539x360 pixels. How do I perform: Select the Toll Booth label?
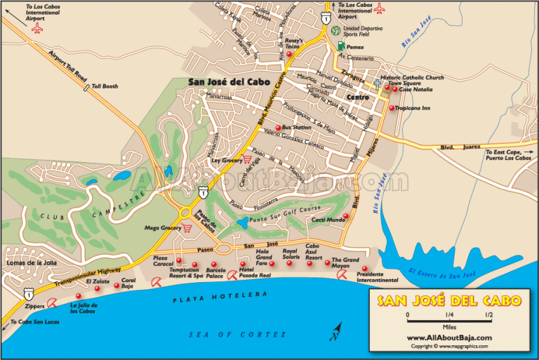(104, 88)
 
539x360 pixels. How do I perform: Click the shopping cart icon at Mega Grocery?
(187, 228)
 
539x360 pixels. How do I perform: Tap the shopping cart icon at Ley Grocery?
(246, 159)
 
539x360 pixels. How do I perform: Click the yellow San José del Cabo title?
(450, 302)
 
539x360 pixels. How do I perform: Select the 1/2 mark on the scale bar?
(488, 316)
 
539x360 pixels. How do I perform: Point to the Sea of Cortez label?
(238, 335)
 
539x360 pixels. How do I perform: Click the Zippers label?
(34, 307)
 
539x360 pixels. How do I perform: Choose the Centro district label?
(358, 97)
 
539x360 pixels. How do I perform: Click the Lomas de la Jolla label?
(28, 262)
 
